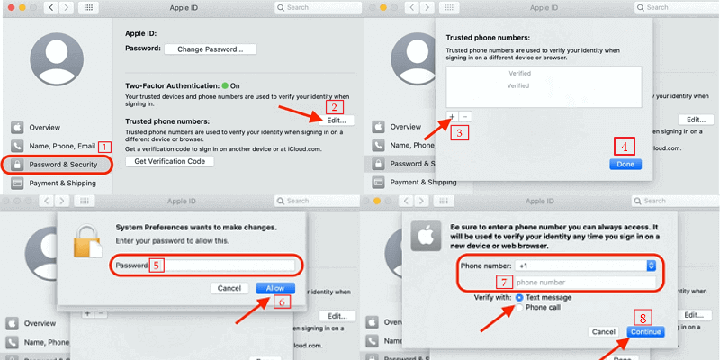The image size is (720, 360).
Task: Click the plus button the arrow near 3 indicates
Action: [452, 117]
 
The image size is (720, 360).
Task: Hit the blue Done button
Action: [625, 165]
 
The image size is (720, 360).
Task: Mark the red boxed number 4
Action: [625, 145]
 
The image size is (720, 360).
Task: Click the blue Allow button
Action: [275, 288]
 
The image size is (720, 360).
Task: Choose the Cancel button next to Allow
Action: [229, 288]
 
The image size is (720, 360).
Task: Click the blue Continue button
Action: [645, 331]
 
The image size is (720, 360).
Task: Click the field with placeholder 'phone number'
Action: [585, 282]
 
